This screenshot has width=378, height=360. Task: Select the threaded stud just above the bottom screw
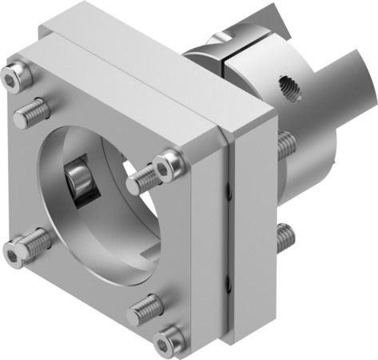[x=146, y=306]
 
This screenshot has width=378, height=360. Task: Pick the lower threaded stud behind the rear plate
[x=284, y=236]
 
